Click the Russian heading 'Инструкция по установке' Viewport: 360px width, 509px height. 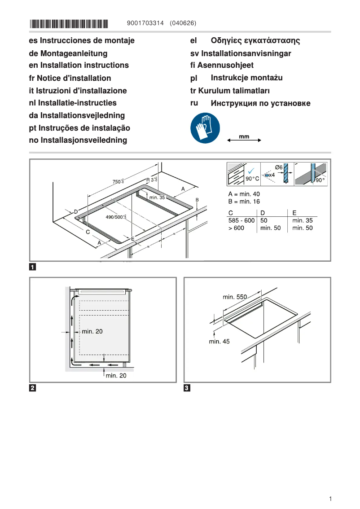pos(260,104)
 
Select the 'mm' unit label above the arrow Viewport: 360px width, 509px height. pos(244,136)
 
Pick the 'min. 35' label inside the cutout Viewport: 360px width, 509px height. pos(157,197)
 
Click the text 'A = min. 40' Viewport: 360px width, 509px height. pos(244,194)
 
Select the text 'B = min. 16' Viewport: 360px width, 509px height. pos(244,202)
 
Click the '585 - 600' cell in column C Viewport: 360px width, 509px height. pos(241,220)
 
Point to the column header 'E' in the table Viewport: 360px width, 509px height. pos(294,212)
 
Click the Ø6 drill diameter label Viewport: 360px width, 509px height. pos(278,167)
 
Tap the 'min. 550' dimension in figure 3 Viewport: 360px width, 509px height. pos(235,297)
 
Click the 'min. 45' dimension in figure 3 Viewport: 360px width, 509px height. pos(219,342)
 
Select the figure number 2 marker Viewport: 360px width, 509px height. pos(33,388)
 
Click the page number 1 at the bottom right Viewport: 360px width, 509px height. pos(330,499)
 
